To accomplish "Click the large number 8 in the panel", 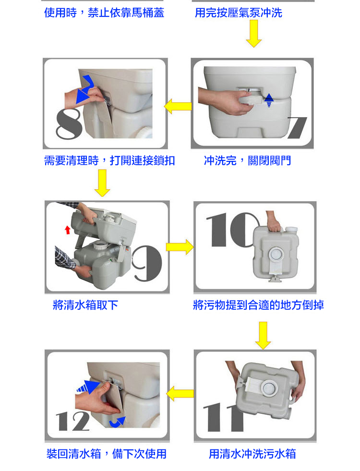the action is [x=69, y=124].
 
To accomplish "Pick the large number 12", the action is [x=73, y=422].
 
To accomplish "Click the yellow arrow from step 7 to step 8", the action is [x=178, y=106].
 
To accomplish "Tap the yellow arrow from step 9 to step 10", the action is [x=180, y=247].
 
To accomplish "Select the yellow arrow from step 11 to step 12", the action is [x=180, y=394].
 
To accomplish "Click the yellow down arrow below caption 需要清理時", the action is [x=102, y=183].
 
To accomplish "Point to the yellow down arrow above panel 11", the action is [x=263, y=336].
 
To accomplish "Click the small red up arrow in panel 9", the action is [x=68, y=230].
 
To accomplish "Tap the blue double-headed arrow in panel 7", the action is [x=269, y=100].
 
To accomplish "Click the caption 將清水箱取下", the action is [x=85, y=305].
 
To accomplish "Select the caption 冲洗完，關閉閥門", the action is [x=247, y=161].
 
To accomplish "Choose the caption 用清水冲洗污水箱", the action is [x=252, y=454].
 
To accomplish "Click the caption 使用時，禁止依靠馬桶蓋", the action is [x=104, y=12].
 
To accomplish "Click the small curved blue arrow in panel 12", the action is [x=118, y=422].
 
